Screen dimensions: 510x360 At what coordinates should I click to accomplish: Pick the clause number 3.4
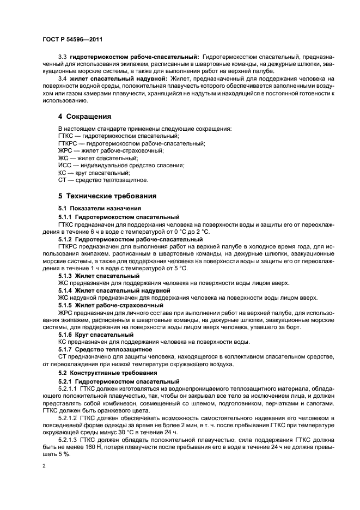[x=62, y=79]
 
